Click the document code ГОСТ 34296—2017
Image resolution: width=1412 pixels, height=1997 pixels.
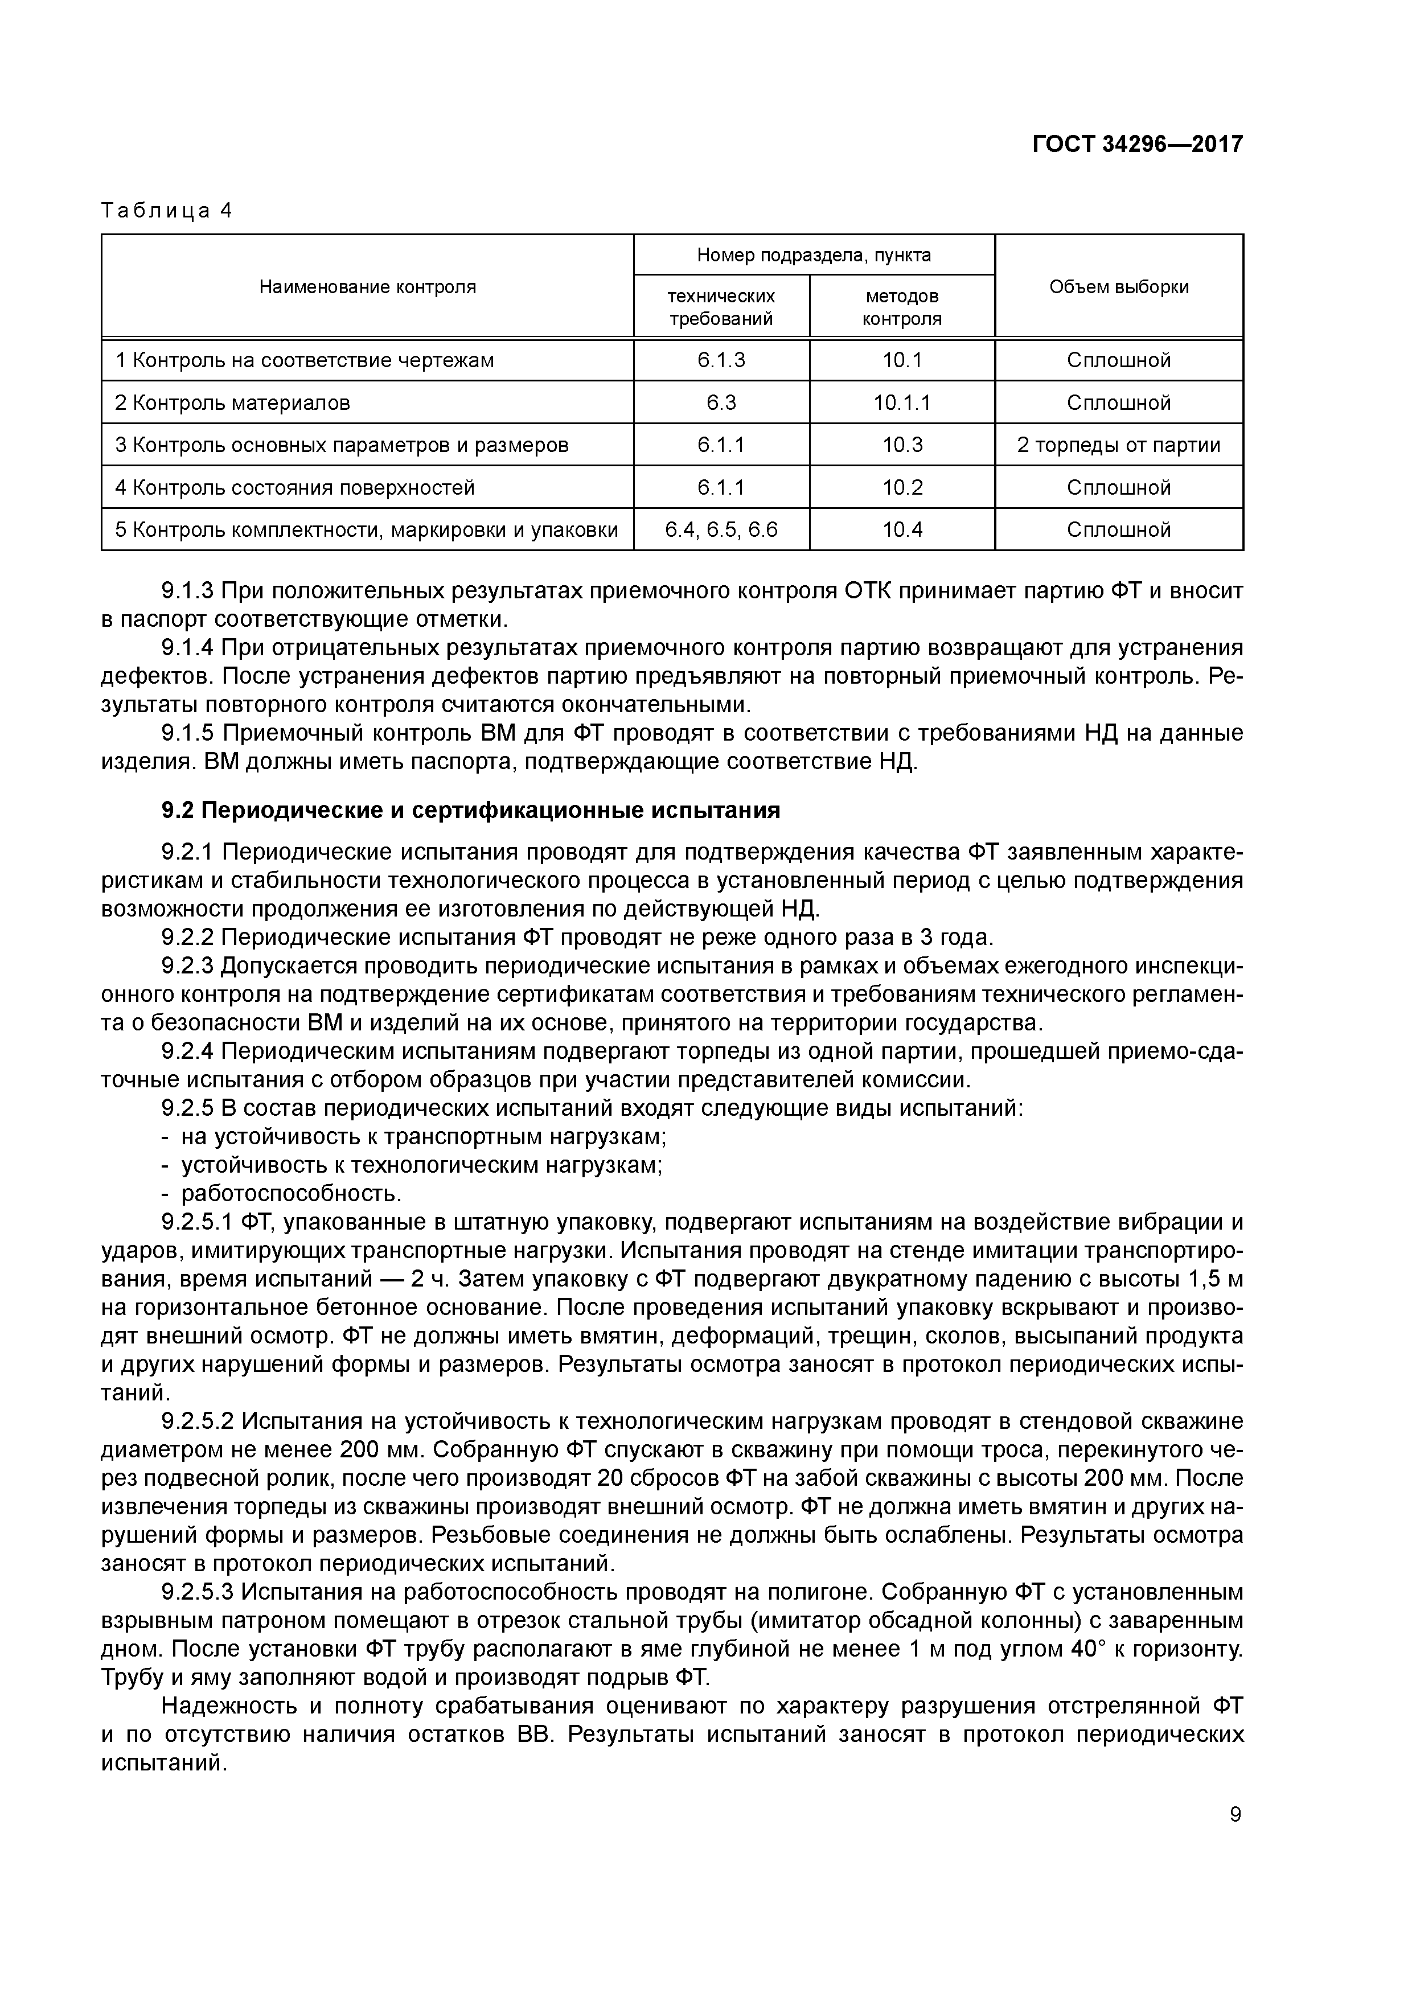click(x=1137, y=143)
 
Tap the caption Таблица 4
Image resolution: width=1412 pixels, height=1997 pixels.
click(x=166, y=211)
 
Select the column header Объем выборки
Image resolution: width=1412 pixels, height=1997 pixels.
click(x=1118, y=287)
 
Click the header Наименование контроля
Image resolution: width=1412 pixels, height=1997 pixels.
click(x=367, y=287)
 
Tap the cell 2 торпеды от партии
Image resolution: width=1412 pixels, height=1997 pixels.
click(x=1118, y=445)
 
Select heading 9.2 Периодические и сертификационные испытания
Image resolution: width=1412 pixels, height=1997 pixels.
click(x=471, y=811)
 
